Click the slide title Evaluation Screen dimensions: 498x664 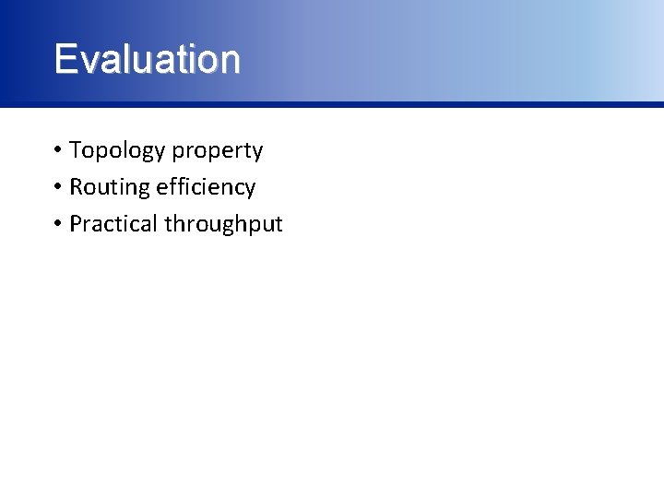tap(148, 59)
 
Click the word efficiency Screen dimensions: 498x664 tap(206, 187)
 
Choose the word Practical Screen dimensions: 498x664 tap(113, 224)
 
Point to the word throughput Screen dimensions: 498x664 tap(223, 225)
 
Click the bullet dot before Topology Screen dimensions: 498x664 tap(57, 150)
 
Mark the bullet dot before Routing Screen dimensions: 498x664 tap(57, 187)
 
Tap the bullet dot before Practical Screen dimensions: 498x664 tap(57, 224)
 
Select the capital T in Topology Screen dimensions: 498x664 tap(76, 150)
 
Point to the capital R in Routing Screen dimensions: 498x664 tap(77, 187)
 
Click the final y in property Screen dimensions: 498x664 tap(257, 153)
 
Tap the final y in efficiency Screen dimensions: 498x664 tap(250, 190)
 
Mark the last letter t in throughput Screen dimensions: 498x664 tap(278, 224)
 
